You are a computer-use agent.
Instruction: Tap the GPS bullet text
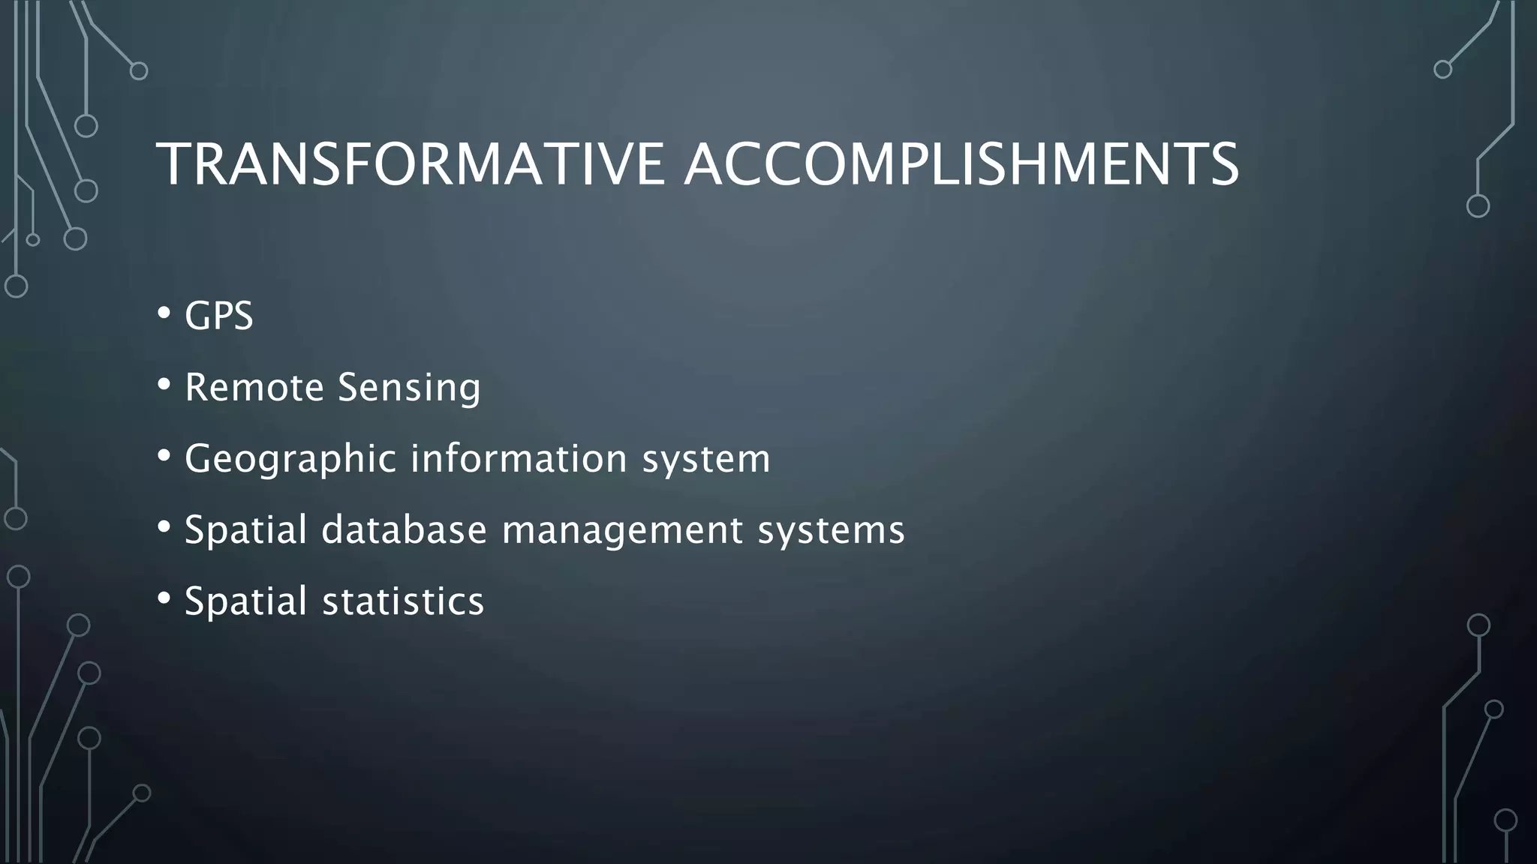click(218, 316)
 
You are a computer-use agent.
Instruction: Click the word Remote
click(254, 388)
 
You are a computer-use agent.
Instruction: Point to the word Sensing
click(409, 388)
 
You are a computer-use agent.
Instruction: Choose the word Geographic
click(290, 459)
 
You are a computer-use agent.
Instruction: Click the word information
click(519, 459)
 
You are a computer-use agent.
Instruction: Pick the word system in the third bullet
click(706, 459)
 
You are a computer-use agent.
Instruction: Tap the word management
click(622, 531)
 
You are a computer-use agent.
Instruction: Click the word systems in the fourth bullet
click(831, 531)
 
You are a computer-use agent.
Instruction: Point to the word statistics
click(403, 601)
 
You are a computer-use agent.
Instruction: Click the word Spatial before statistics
click(246, 601)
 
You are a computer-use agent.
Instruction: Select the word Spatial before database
click(246, 530)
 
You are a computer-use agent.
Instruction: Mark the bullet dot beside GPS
click(164, 313)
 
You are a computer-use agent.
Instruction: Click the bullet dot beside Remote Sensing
click(164, 385)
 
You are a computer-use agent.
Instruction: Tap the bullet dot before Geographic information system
click(164, 456)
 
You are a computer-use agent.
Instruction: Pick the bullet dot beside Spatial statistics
click(164, 599)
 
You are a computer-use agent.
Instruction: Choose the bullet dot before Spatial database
click(164, 527)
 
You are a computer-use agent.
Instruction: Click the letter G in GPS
click(197, 316)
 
